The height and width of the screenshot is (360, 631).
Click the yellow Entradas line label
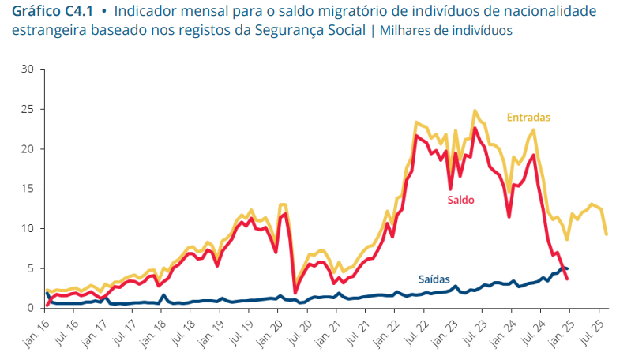[x=528, y=117]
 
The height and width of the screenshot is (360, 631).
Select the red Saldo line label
[x=460, y=200]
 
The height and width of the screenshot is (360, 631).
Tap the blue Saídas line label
[x=434, y=279]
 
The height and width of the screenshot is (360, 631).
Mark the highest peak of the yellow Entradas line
[x=475, y=111]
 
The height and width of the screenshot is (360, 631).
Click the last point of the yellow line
[x=606, y=234]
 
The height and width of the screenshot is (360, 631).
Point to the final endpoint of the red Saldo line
[x=567, y=279]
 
